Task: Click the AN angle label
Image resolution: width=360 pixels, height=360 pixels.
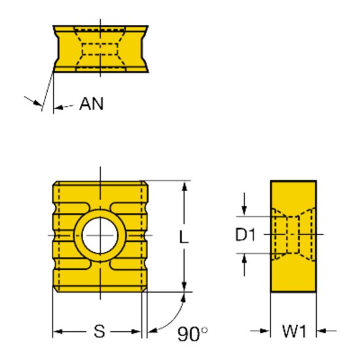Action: pos(92,103)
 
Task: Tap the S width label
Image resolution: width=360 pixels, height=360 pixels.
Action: pos(98,332)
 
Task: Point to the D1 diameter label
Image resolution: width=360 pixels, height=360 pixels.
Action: pos(245,234)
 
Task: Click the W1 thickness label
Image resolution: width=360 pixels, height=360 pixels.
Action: pos(294,332)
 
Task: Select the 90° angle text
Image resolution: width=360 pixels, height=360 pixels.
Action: pos(192,334)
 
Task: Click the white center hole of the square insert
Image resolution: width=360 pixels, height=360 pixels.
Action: pos(99,235)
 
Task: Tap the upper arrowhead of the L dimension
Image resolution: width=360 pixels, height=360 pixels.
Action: pos(185,186)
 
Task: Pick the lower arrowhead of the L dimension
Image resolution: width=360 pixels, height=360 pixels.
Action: pos(185,285)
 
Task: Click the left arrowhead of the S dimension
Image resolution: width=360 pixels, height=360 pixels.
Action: pos(56,331)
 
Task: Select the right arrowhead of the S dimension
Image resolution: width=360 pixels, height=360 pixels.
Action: pos(139,331)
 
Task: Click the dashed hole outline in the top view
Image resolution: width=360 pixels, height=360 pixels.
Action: pos(100,48)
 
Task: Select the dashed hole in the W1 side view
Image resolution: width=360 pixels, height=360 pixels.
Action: pos(293,234)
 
